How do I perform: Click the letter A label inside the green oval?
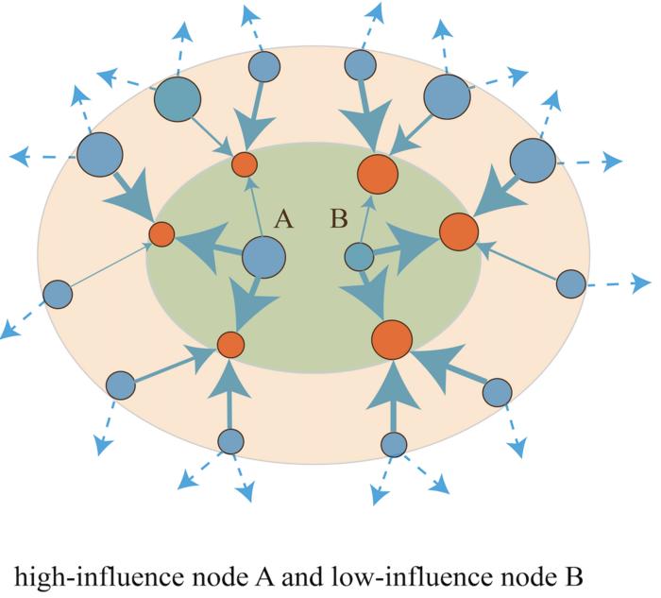283,221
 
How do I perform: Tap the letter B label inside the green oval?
339,221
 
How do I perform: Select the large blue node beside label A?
263,257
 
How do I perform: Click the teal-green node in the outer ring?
177,98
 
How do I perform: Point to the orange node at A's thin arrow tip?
245,163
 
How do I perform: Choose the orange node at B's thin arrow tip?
378,174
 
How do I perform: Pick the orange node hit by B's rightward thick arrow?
458,232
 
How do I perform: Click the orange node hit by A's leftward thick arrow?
161,233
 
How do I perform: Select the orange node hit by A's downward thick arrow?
230,344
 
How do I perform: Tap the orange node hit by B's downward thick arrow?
390,339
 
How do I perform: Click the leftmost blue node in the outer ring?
59,295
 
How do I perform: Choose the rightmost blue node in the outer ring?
570,282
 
